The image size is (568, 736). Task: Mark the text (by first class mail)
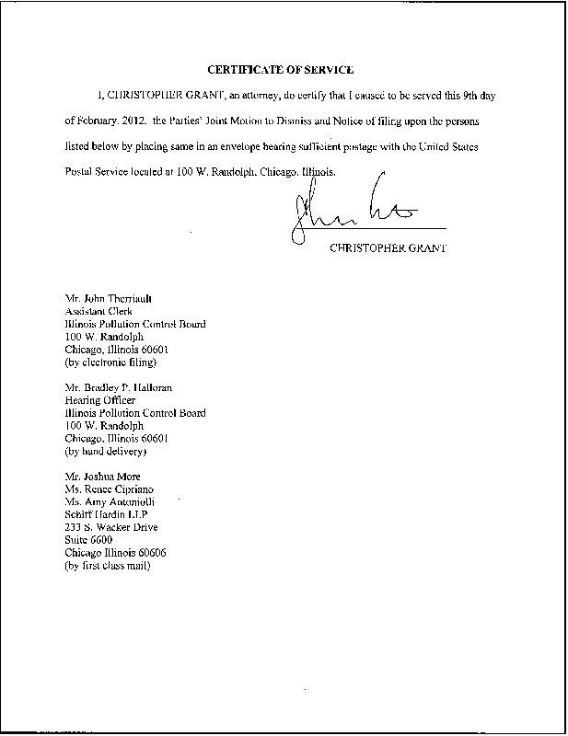[x=109, y=566]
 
